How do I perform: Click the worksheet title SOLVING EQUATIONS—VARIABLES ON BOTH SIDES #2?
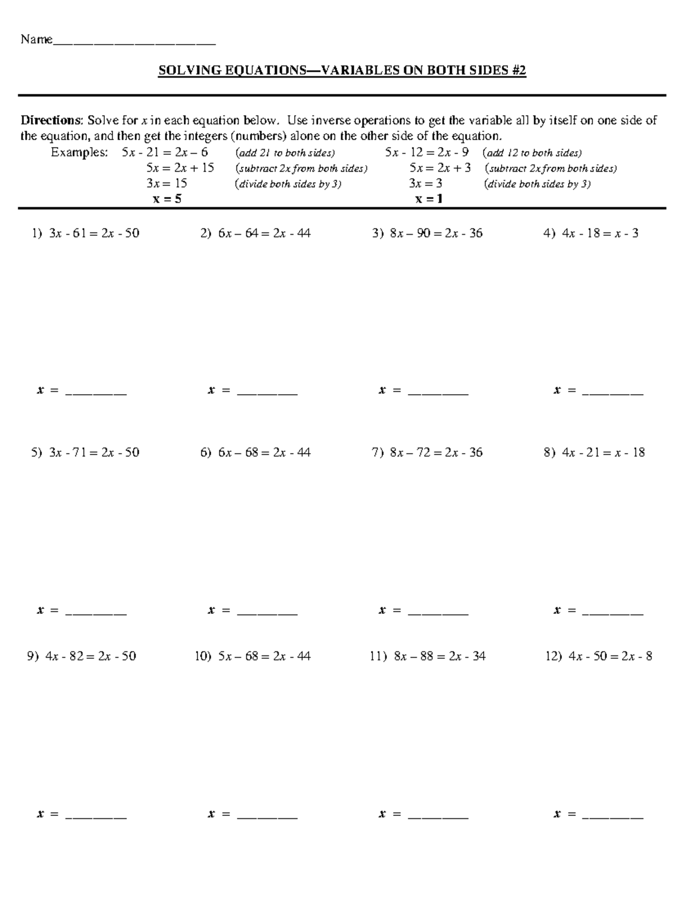click(342, 71)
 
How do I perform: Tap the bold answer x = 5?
click(167, 199)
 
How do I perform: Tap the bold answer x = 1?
click(429, 199)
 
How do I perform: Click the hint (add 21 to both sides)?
click(285, 153)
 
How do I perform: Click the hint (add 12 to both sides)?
click(532, 153)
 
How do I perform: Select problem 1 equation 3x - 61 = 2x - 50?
click(94, 234)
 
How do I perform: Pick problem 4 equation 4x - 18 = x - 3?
click(600, 234)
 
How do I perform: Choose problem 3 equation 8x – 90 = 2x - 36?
click(436, 234)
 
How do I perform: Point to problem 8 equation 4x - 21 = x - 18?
click(603, 453)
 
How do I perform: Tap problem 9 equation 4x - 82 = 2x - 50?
click(90, 657)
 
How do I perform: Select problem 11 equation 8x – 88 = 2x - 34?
click(440, 657)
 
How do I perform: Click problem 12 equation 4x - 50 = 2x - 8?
click(610, 657)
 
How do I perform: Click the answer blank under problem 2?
click(267, 392)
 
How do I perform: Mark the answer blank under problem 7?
click(438, 611)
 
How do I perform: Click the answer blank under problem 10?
click(267, 815)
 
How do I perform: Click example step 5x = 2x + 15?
click(180, 168)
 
